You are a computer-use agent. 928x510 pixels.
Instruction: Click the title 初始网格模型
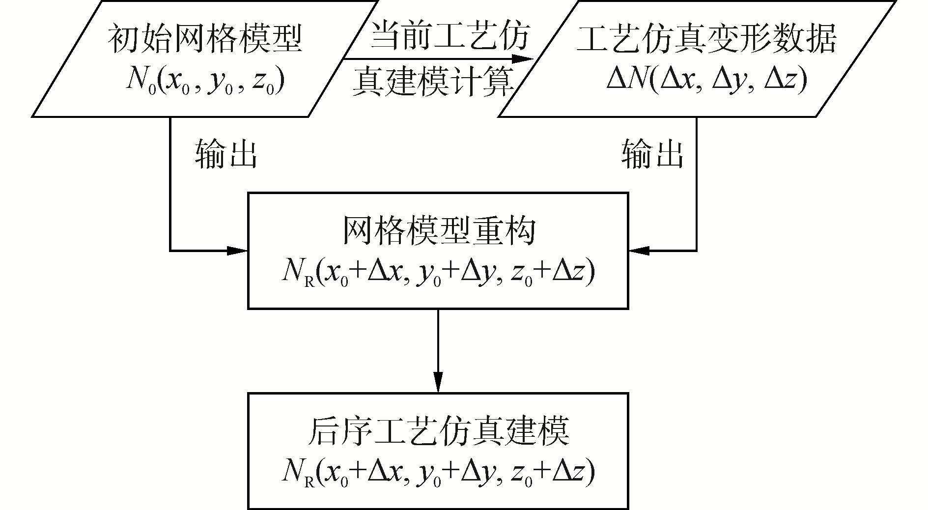204,38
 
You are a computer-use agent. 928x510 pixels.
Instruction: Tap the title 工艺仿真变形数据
706,38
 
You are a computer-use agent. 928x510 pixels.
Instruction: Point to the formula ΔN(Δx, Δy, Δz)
706,80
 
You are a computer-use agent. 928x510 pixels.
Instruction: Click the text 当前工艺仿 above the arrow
450,37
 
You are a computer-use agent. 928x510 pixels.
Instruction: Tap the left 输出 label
225,154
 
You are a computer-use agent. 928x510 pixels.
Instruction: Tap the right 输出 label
652,154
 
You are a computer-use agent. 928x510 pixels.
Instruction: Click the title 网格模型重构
438,231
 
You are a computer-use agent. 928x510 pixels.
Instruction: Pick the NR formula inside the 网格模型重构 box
438,272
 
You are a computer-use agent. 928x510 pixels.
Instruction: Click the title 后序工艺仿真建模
438,431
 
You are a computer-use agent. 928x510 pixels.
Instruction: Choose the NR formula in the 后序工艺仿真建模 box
438,473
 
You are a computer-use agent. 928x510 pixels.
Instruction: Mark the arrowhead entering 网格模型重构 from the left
238,251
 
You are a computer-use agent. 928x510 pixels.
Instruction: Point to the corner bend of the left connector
170,251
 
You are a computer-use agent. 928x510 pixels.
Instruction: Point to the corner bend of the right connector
696,251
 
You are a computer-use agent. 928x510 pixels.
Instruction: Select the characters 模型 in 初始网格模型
278,38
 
